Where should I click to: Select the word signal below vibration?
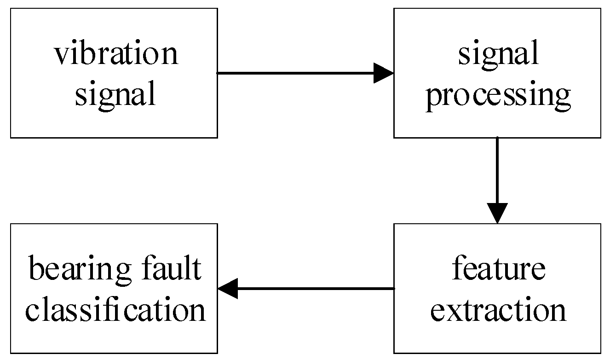tap(115, 95)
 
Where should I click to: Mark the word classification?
tap(115, 310)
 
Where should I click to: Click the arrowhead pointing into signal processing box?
tap(384, 73)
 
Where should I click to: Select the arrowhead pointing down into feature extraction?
tap(497, 213)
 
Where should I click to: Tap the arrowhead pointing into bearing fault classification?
tap(228, 289)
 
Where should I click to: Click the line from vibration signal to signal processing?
tap(294, 73)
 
